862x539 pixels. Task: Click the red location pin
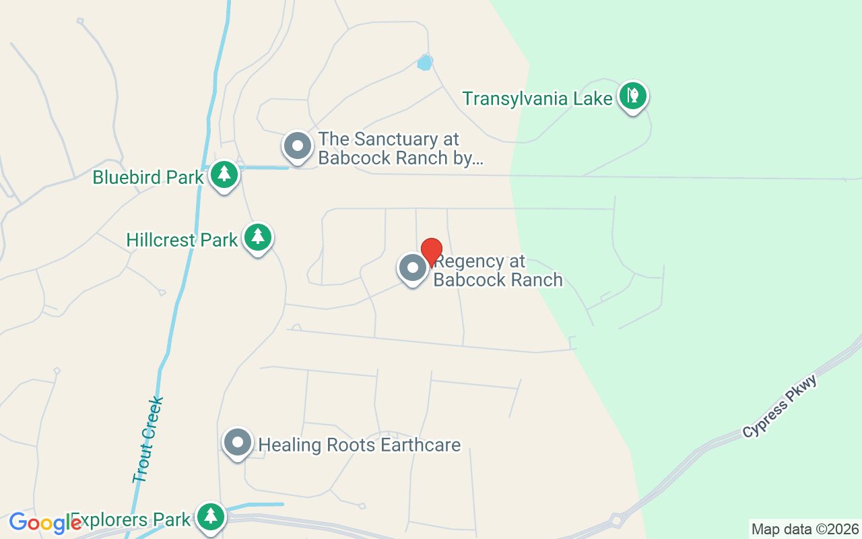(x=432, y=251)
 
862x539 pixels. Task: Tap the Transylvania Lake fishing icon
(x=632, y=96)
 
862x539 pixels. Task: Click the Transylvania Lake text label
(x=537, y=98)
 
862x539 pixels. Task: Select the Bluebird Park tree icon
(x=224, y=175)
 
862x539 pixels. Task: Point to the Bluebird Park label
(x=148, y=177)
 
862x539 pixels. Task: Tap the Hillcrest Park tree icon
(x=257, y=236)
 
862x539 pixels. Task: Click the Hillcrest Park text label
(x=182, y=240)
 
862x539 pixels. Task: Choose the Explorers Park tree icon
(x=211, y=516)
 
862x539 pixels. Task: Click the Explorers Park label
(x=131, y=520)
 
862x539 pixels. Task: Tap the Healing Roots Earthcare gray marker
(x=237, y=442)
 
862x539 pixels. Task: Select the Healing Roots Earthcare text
(x=360, y=445)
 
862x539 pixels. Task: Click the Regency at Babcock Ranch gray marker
(x=413, y=267)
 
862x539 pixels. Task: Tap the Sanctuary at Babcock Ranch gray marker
(x=297, y=146)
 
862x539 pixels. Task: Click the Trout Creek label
(x=147, y=439)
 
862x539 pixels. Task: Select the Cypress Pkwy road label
(x=780, y=406)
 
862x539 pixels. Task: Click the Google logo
(x=44, y=523)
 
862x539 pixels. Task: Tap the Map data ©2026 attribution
(x=805, y=529)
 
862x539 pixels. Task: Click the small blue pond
(x=424, y=63)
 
